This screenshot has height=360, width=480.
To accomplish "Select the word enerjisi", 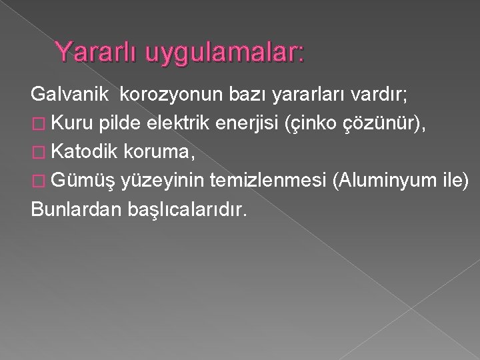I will [249, 125].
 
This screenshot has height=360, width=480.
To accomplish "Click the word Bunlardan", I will [73, 209].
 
